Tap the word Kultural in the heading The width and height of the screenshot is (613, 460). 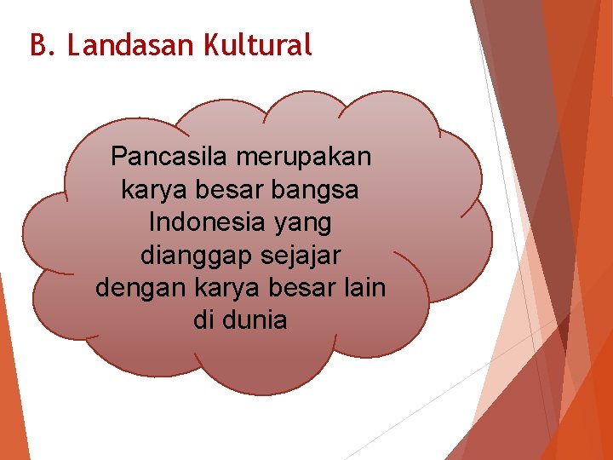[x=258, y=45]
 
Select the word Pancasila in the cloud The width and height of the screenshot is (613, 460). [x=170, y=158]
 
